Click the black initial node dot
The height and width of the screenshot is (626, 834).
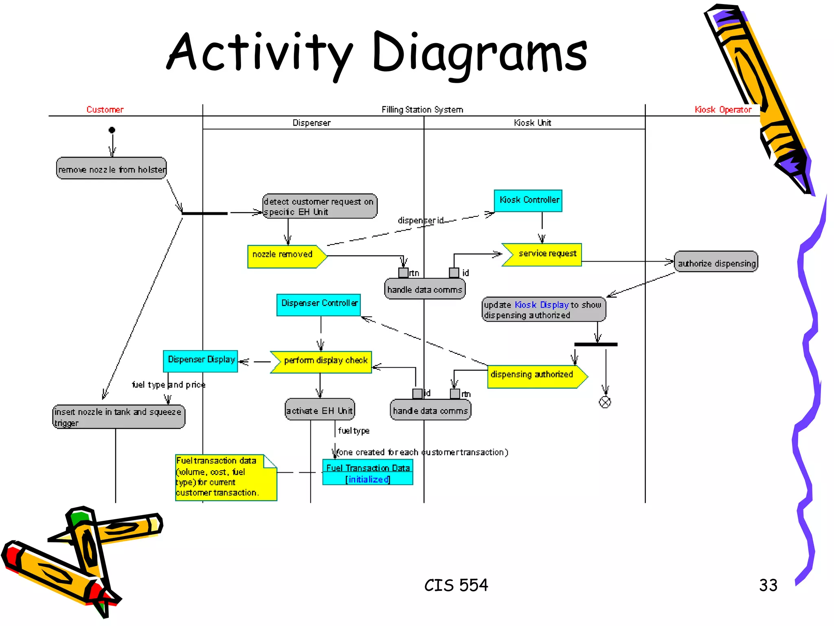click(x=112, y=130)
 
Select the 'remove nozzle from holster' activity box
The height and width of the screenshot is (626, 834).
click(x=111, y=168)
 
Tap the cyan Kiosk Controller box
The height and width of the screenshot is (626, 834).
click(x=528, y=201)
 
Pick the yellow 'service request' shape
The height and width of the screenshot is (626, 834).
click(x=543, y=255)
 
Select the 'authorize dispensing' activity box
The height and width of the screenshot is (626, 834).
click(x=716, y=262)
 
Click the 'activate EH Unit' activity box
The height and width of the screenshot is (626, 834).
click(x=320, y=410)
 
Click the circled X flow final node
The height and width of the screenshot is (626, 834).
click(x=605, y=402)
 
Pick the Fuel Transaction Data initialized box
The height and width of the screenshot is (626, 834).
click(x=368, y=473)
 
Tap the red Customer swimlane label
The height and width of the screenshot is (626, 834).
click(x=105, y=110)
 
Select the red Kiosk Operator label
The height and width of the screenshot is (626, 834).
click(x=723, y=110)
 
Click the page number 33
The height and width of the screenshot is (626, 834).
click(x=768, y=585)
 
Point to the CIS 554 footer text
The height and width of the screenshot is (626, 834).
click(x=456, y=585)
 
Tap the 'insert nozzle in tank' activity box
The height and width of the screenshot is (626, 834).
click(x=119, y=417)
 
